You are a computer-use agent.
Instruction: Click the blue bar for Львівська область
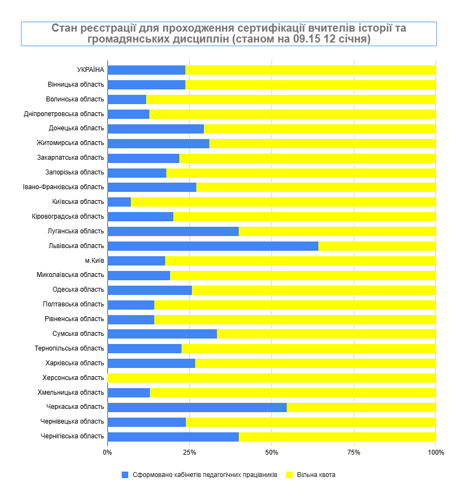213,246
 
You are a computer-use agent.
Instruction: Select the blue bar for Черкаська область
197,407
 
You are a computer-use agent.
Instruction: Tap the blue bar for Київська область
119,202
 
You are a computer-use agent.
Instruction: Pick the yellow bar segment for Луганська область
337,231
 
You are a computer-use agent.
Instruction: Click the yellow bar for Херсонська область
271,378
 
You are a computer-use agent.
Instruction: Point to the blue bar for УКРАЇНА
146,70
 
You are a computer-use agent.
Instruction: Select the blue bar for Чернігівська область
173,437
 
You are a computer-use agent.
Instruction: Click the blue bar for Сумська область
162,334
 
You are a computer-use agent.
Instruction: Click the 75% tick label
354,452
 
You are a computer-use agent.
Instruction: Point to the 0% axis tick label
107,452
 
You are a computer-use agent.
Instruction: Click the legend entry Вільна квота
316,475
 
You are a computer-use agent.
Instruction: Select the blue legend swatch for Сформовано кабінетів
125,475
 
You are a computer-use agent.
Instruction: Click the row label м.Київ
94,261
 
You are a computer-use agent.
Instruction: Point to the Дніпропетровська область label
64,113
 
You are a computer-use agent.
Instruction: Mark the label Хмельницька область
71,393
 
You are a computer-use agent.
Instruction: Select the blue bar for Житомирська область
158,143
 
